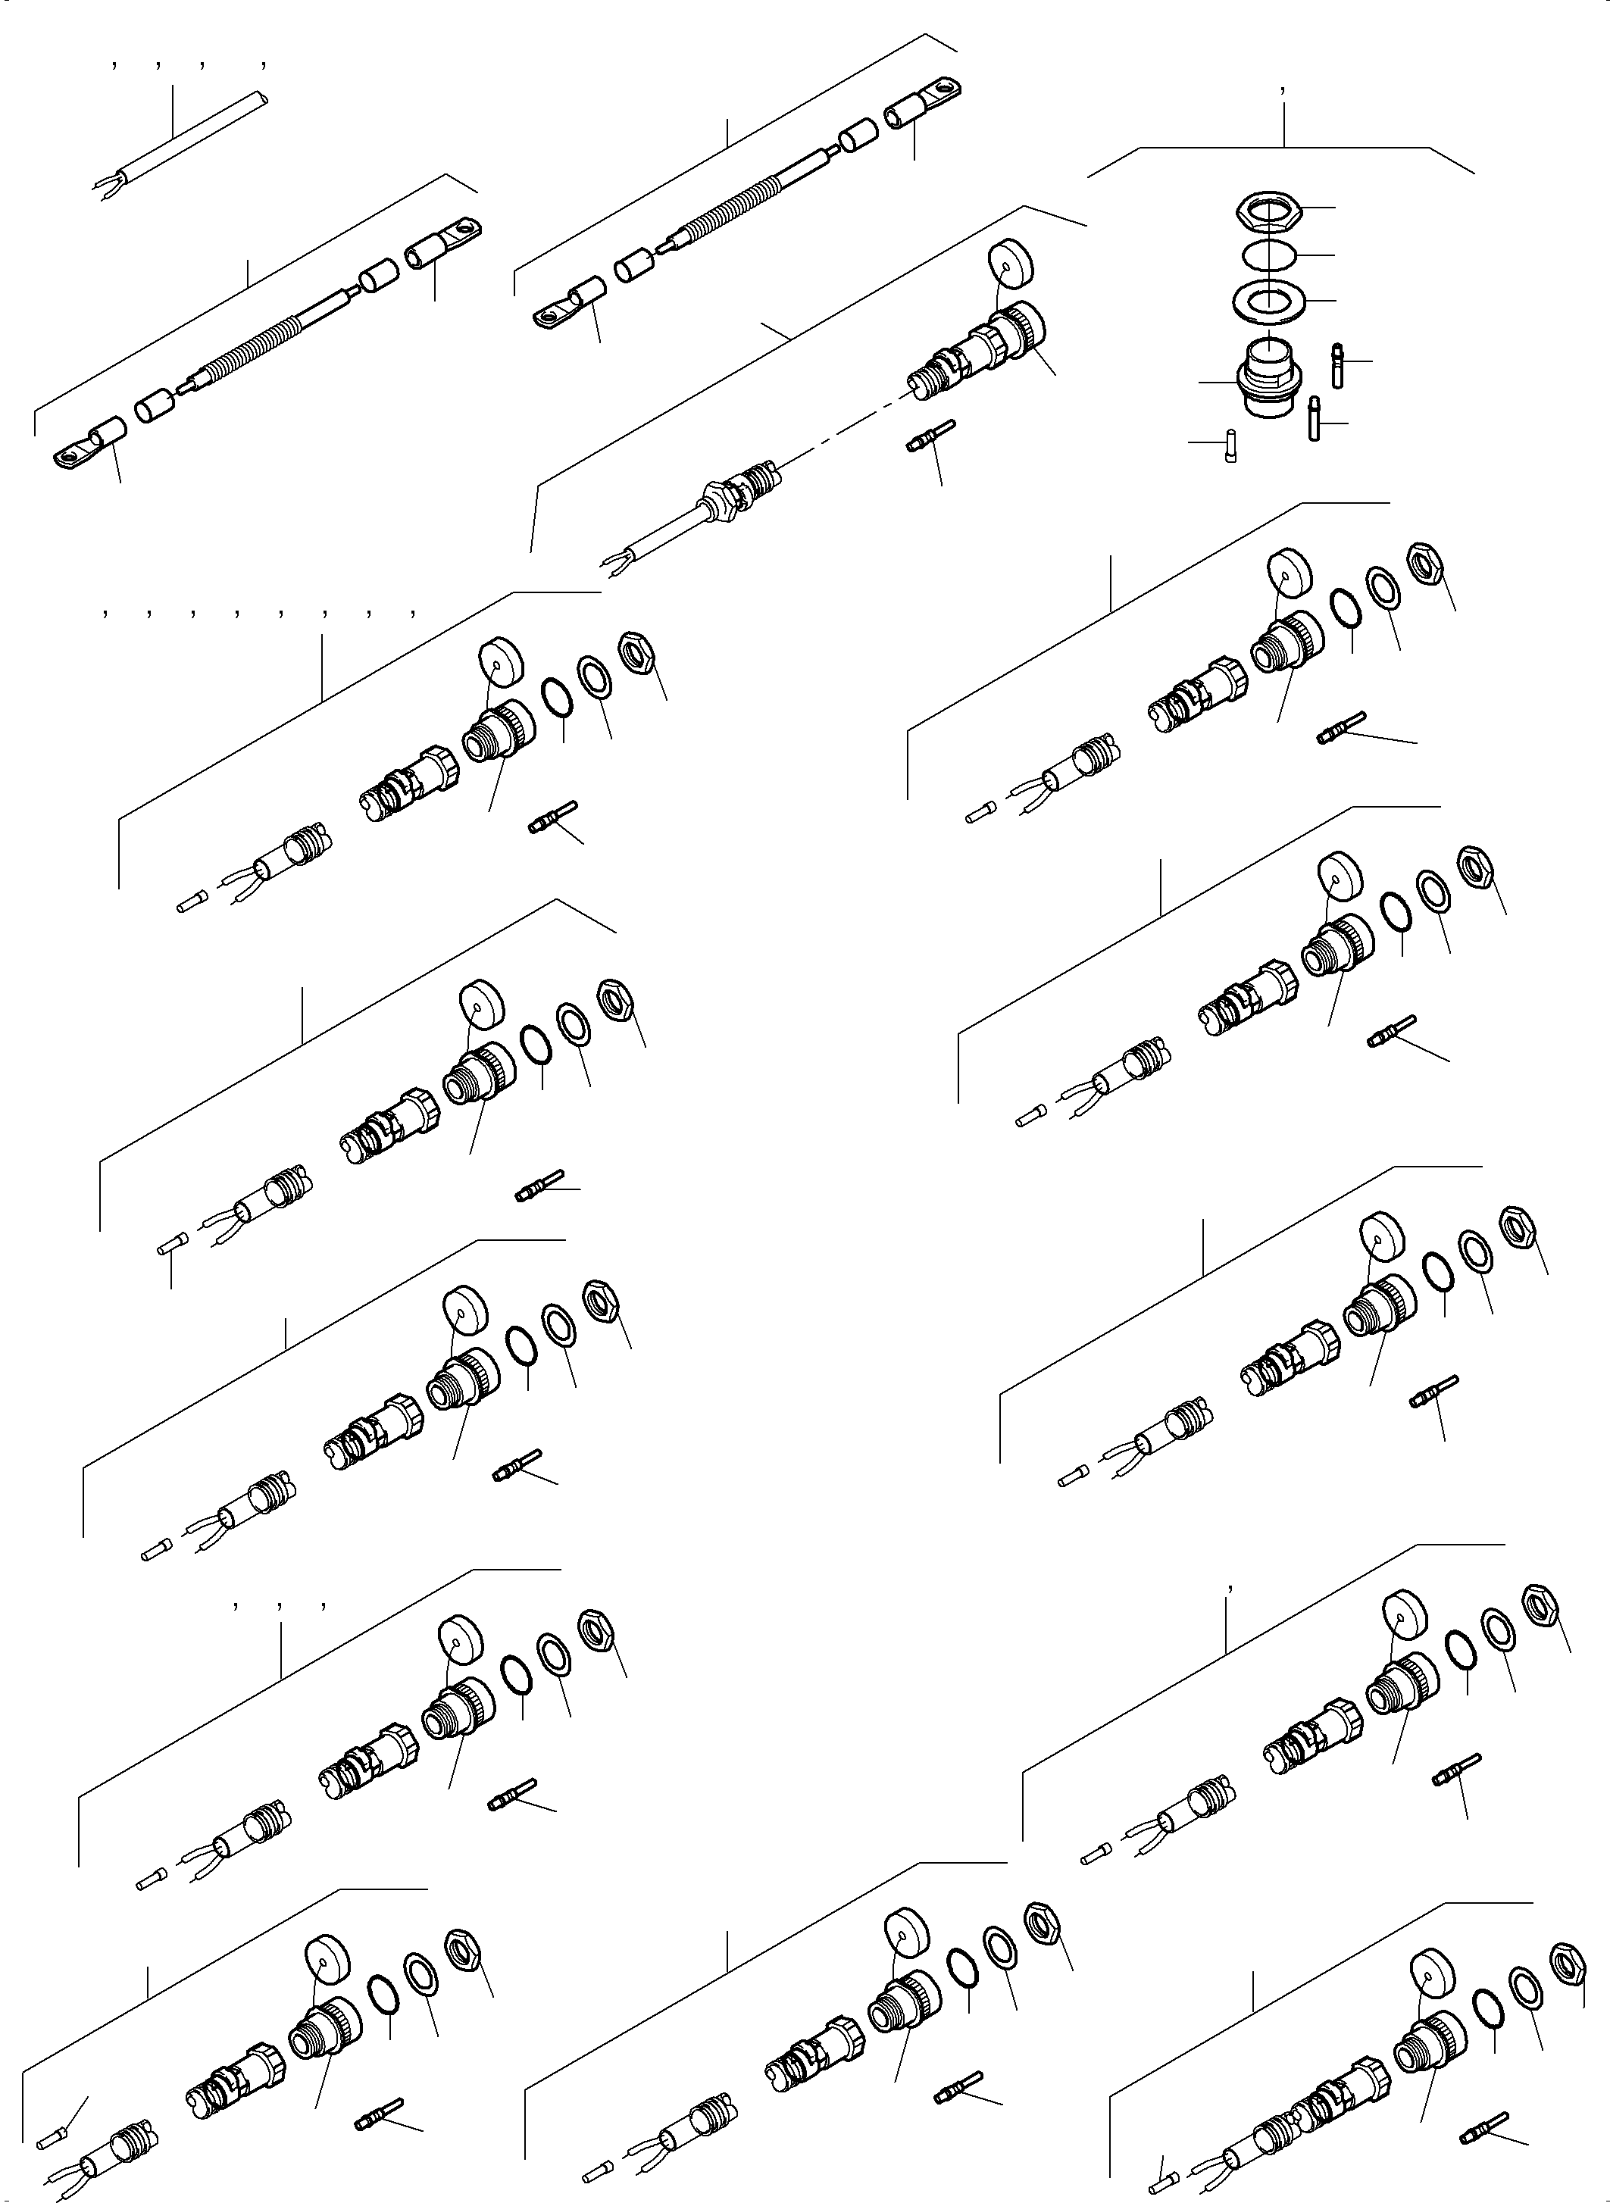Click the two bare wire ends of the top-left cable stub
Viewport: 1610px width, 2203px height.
[106, 185]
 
